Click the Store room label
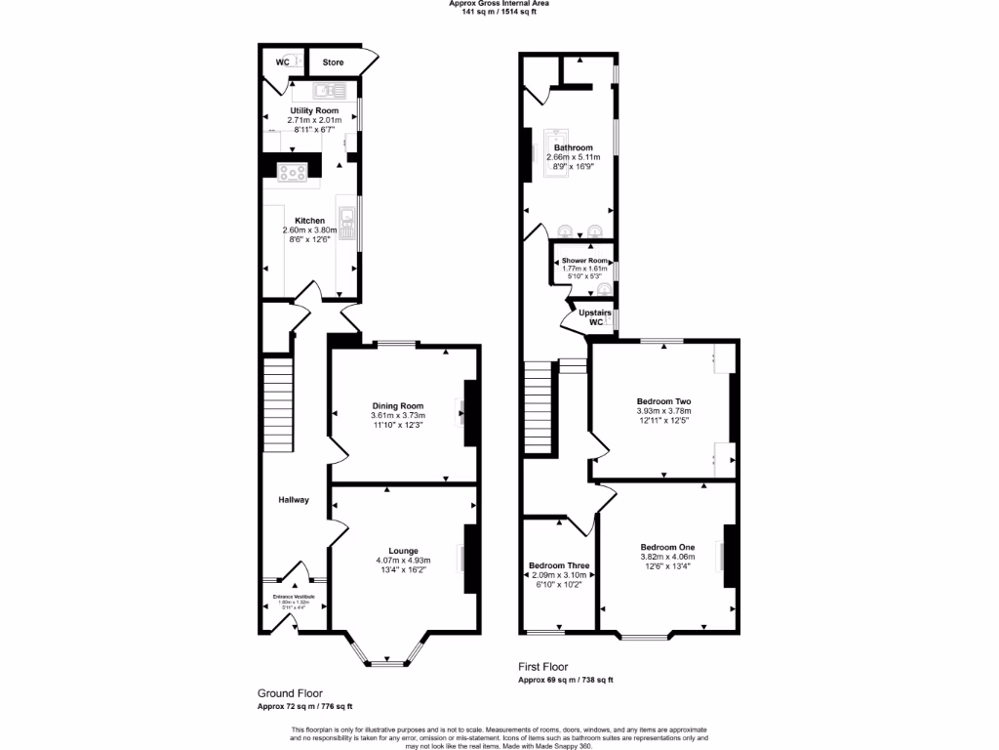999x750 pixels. [334, 62]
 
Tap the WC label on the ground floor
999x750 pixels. [282, 62]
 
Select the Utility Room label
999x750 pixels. [314, 111]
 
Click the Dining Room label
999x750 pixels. [398, 405]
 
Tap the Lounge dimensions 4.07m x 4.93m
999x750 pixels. [403, 560]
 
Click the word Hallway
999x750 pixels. [294, 500]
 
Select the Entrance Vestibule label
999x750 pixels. [294, 596]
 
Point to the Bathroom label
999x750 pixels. [573, 148]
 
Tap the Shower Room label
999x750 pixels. [584, 262]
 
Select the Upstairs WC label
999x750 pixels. [595, 317]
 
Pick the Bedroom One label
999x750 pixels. [667, 547]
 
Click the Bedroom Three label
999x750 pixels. [558, 565]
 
